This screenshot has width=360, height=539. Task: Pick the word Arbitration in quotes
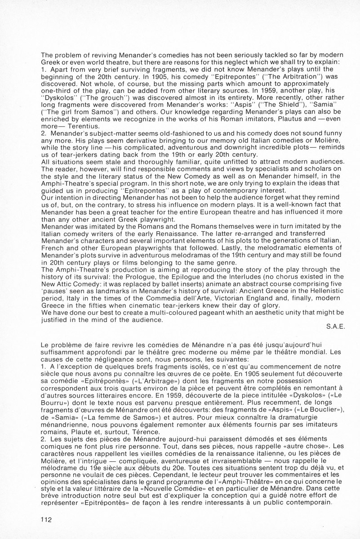point(281,76)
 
